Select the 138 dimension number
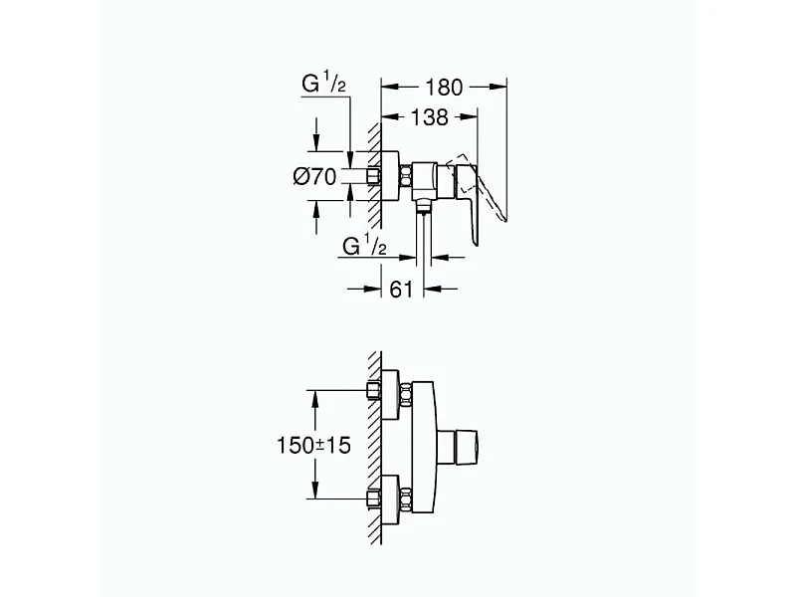428,117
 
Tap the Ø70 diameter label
315,177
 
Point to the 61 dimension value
403,291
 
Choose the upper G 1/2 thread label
323,87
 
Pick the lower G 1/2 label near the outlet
363,245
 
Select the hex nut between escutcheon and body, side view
406,177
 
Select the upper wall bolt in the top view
374,392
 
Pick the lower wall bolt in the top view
374,501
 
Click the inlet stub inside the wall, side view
373,177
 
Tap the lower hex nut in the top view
407,501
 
